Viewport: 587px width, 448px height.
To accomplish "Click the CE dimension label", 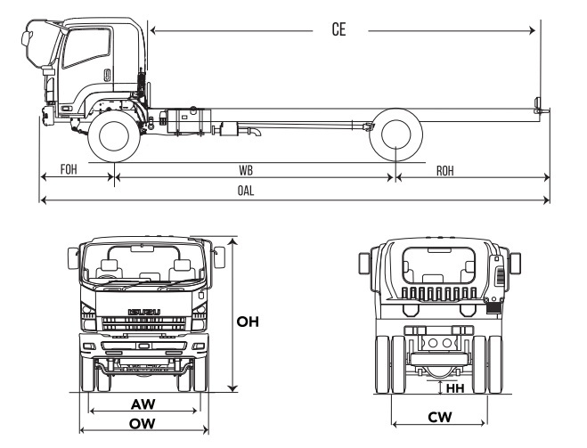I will point(338,29).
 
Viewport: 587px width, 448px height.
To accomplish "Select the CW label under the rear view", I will point(438,416).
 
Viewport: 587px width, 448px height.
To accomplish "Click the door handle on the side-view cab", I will point(106,75).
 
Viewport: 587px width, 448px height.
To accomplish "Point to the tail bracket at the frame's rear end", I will point(537,106).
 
